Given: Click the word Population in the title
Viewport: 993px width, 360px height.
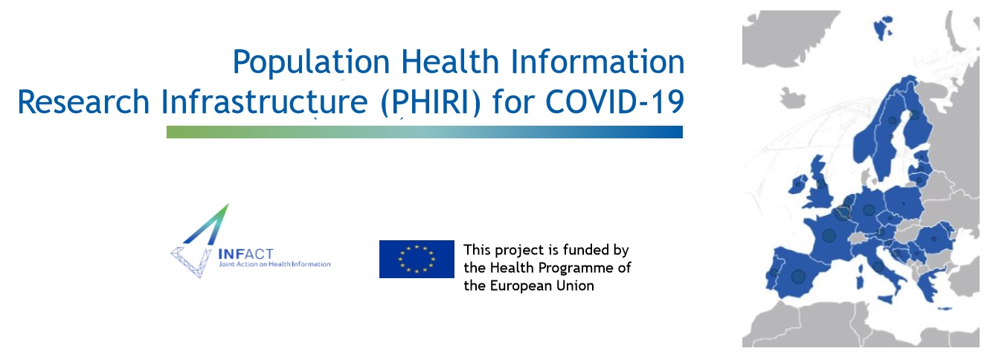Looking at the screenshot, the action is pyautogui.click(x=311, y=62).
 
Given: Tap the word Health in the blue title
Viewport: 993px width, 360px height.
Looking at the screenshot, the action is pyautogui.click(x=450, y=62).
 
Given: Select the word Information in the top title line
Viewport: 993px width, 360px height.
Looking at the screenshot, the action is pyautogui.click(x=597, y=62).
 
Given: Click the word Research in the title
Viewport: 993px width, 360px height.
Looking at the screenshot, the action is pyautogui.click(x=83, y=102).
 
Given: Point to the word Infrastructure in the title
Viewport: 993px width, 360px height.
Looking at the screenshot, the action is pyautogui.click(x=264, y=102).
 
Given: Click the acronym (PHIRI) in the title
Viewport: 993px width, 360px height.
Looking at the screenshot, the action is pyautogui.click(x=431, y=103).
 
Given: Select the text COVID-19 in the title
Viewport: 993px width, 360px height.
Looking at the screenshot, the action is pyautogui.click(x=614, y=102).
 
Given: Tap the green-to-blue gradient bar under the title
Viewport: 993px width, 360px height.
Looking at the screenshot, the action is pyautogui.click(x=424, y=132).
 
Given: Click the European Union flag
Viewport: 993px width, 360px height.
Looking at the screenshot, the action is pyautogui.click(x=417, y=259).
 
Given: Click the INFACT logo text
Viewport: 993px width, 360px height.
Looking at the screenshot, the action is pyautogui.click(x=246, y=254).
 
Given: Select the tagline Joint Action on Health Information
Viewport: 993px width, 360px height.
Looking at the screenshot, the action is pyautogui.click(x=275, y=264).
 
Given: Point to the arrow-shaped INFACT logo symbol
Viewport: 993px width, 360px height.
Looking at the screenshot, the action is pyautogui.click(x=200, y=242).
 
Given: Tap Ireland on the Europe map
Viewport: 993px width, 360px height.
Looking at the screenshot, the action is pyautogui.click(x=797, y=184).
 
